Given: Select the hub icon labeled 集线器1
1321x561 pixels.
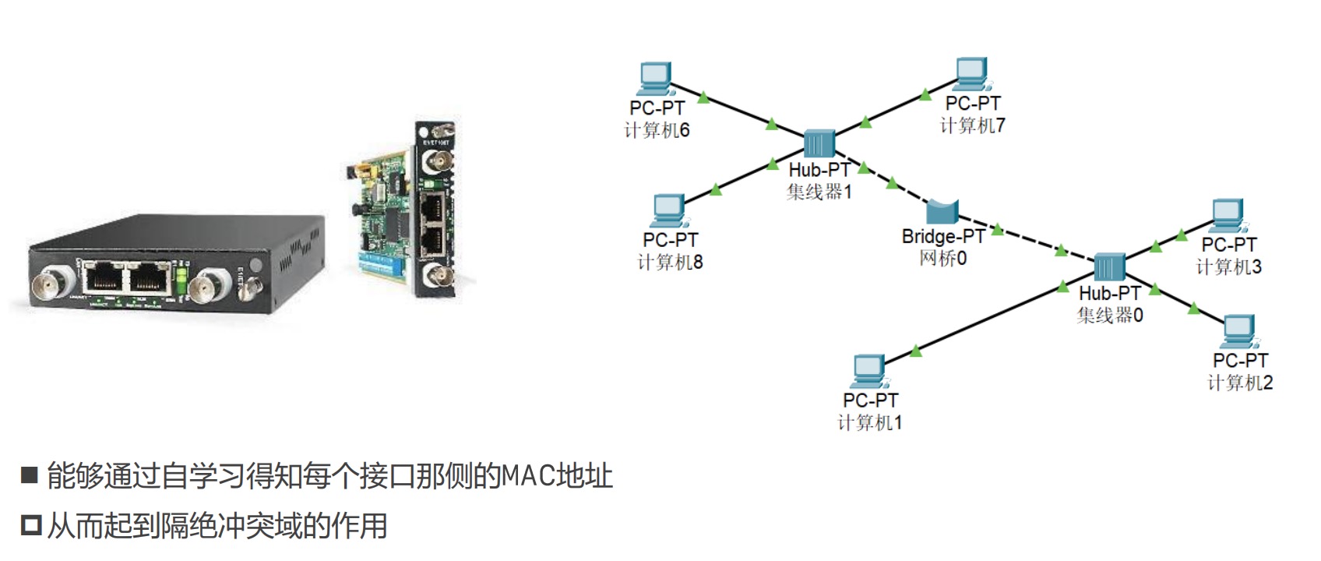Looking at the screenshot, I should [x=819, y=144].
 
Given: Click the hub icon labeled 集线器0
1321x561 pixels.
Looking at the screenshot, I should [x=1109, y=267].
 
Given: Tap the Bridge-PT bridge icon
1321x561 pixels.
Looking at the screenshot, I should [x=942, y=211].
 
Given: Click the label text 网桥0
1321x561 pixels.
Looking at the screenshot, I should [x=942, y=258].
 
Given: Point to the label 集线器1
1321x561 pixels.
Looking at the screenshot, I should [x=819, y=192].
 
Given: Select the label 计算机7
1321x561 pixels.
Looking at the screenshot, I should [x=972, y=125].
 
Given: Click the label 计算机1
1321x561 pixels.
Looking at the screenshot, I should [x=869, y=422].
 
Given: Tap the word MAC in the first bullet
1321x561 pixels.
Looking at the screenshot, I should [x=527, y=475].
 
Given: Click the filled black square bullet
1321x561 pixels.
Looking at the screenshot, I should [x=30, y=475].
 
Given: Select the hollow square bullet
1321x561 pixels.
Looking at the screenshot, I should [x=30, y=526].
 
